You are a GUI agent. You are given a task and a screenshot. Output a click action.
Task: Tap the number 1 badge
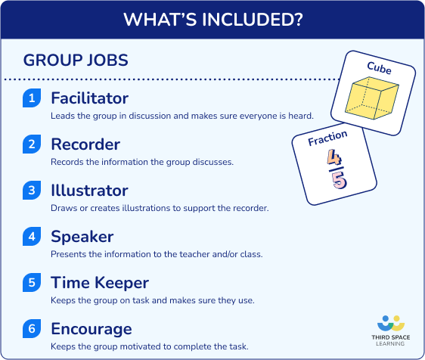click(x=32, y=99)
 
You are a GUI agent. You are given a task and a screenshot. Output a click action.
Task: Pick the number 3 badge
click(x=32, y=191)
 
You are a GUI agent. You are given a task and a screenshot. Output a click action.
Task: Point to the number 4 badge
click(x=32, y=237)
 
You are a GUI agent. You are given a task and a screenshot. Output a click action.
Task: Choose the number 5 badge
click(x=32, y=284)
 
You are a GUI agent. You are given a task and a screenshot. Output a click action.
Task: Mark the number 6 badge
click(x=32, y=330)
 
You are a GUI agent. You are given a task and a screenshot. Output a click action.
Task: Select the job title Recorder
click(x=85, y=144)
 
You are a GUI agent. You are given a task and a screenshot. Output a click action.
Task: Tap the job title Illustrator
click(x=89, y=191)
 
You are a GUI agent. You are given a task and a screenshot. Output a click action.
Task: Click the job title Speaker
click(x=82, y=237)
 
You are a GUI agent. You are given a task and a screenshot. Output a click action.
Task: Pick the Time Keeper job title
click(x=100, y=283)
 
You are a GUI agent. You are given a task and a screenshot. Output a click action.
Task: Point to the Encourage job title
click(x=92, y=329)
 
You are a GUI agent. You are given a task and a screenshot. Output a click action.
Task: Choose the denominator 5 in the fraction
click(x=337, y=181)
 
